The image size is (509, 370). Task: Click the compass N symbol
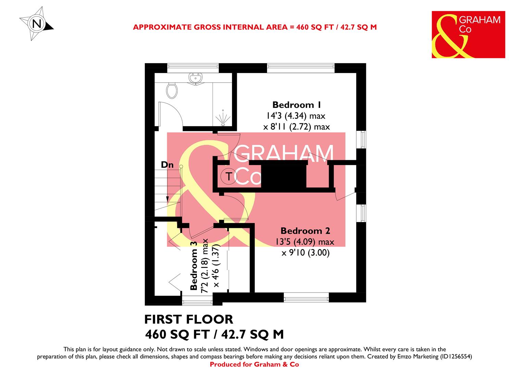37,24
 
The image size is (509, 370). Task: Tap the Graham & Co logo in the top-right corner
468,34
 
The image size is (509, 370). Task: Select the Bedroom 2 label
305,231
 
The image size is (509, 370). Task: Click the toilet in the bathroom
172,90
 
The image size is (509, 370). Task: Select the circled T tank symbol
228,177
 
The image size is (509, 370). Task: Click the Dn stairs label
167,165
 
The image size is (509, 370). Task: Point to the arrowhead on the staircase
167,199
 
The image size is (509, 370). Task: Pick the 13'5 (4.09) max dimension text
304,242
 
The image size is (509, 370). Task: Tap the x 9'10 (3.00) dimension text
305,254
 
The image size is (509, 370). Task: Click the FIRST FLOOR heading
189,319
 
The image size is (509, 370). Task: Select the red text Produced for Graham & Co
254,365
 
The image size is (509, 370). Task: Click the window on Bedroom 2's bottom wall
306,297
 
